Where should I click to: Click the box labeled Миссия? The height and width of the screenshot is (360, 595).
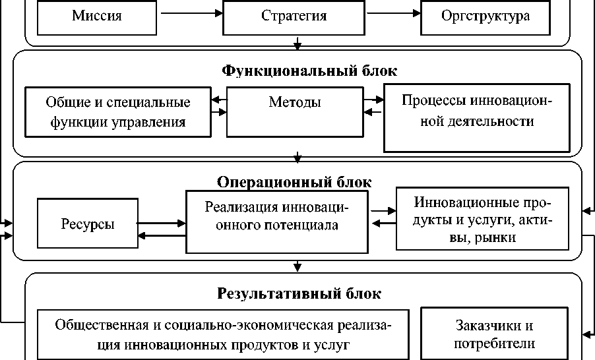[96, 16]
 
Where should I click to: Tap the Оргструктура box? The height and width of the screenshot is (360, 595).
[485, 16]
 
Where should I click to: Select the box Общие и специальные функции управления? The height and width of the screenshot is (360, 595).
[118, 112]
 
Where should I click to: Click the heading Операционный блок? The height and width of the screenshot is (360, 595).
[294, 181]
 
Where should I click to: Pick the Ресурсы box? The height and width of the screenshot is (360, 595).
[87, 224]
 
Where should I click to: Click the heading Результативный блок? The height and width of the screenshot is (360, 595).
[299, 293]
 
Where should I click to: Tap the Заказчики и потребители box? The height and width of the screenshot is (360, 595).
[494, 334]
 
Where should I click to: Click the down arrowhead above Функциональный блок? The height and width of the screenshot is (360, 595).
[298, 46]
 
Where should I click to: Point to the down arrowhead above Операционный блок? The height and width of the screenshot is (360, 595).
[298, 158]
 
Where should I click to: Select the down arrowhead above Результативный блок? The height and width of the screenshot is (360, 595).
[298, 267]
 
